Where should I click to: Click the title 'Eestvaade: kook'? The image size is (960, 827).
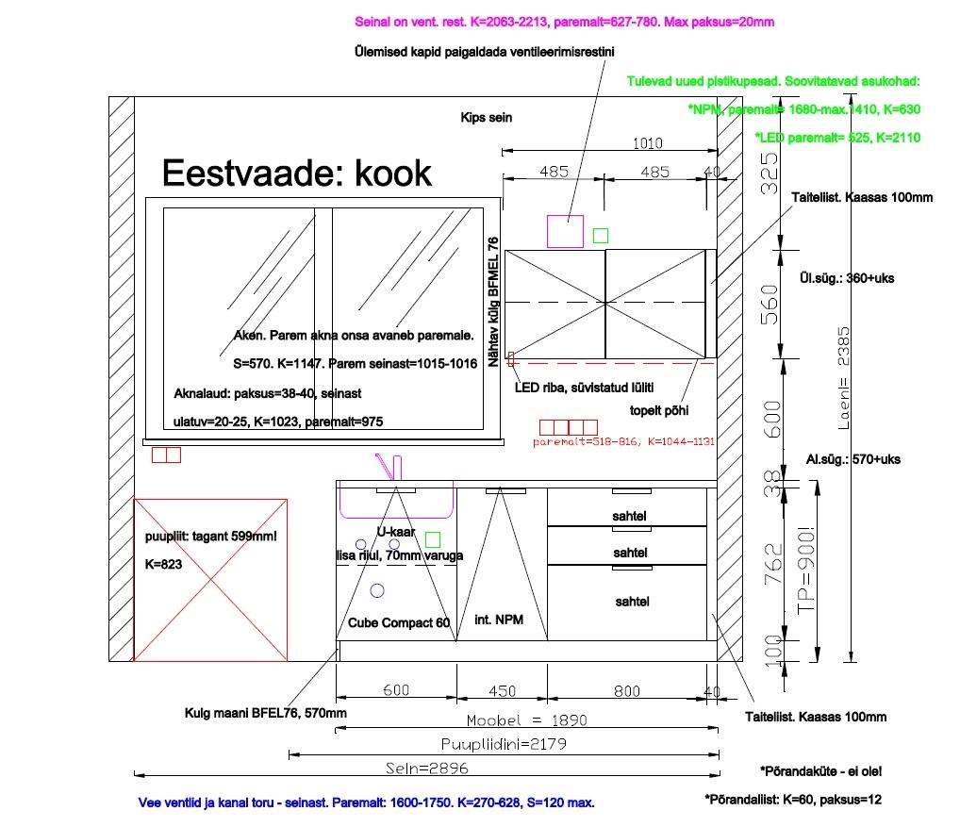tap(296, 174)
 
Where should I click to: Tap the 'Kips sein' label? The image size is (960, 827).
tap(486, 119)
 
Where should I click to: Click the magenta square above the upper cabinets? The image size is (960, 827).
tap(565, 231)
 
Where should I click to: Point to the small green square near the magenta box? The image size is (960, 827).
tap(601, 235)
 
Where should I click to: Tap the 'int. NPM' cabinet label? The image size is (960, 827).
tap(499, 620)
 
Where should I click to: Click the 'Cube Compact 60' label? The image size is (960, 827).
tap(399, 623)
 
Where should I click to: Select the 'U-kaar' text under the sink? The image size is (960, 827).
tap(396, 533)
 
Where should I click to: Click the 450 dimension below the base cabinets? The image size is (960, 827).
tap(502, 691)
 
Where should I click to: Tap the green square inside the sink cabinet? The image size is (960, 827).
tap(433, 539)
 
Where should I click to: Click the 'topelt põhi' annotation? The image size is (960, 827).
tap(658, 410)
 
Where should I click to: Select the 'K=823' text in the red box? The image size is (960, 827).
tap(163, 564)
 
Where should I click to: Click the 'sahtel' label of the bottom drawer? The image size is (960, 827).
tap(632, 602)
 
